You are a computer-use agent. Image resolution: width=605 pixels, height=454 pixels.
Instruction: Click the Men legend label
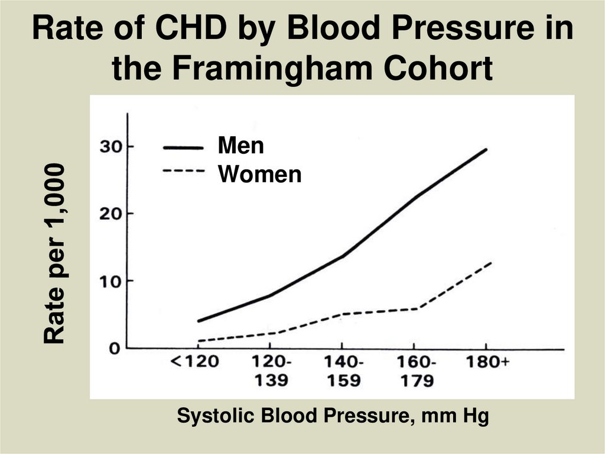[x=240, y=146]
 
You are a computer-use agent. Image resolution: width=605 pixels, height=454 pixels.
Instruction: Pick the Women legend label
[x=259, y=174]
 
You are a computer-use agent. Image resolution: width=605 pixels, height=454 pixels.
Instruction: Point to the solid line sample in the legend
[x=183, y=147]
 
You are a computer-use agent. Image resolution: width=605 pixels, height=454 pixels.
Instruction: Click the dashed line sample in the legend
[x=183, y=172]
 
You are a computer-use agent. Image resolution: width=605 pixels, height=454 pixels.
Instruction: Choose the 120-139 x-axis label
[x=271, y=371]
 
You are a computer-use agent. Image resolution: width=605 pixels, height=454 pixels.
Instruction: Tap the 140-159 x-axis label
[x=343, y=371]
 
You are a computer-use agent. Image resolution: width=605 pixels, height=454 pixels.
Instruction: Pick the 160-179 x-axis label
[x=415, y=371]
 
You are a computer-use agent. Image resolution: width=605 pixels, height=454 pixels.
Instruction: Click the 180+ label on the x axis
[x=487, y=362]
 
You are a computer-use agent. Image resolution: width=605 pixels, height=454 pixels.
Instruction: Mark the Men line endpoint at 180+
[x=486, y=149]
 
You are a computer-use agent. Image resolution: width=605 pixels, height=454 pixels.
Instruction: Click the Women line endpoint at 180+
[x=490, y=263]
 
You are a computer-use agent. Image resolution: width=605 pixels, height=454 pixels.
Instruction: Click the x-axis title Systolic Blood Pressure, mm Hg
[x=333, y=416]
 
